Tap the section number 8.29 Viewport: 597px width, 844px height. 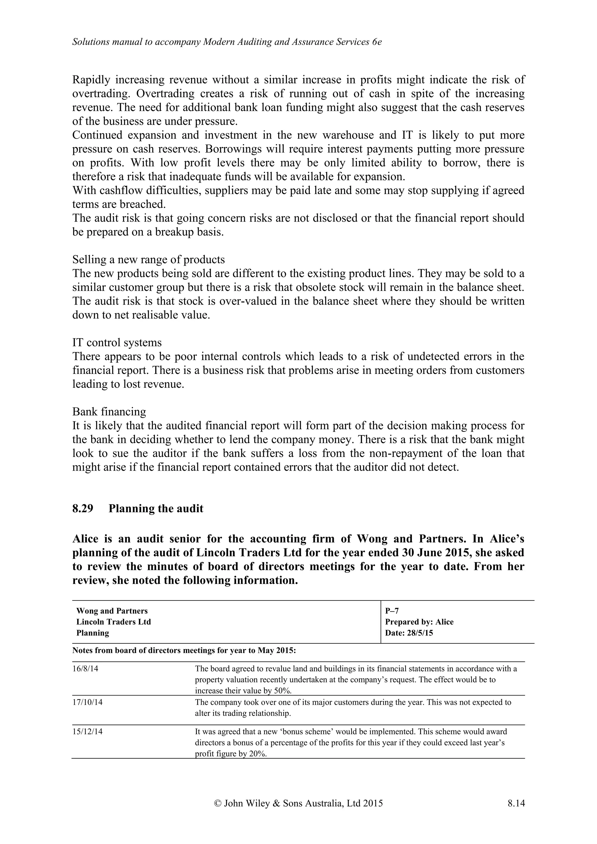point(83,508)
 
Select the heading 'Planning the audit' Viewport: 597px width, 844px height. point(156,508)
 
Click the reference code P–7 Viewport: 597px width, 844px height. point(392,611)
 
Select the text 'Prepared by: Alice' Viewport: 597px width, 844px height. point(419,622)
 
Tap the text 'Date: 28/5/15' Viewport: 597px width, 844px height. point(409,633)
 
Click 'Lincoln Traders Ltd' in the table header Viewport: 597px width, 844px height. point(114,622)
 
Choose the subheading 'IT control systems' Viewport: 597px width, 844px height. point(117,342)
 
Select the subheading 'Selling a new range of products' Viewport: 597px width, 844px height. point(148,259)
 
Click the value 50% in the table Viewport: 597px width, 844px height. point(282,691)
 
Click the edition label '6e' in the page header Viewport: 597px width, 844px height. point(377,42)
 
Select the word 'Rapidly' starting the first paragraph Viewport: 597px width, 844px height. point(91,80)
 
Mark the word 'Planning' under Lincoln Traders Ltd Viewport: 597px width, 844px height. point(93,633)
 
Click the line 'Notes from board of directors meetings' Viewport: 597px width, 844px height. point(184,651)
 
